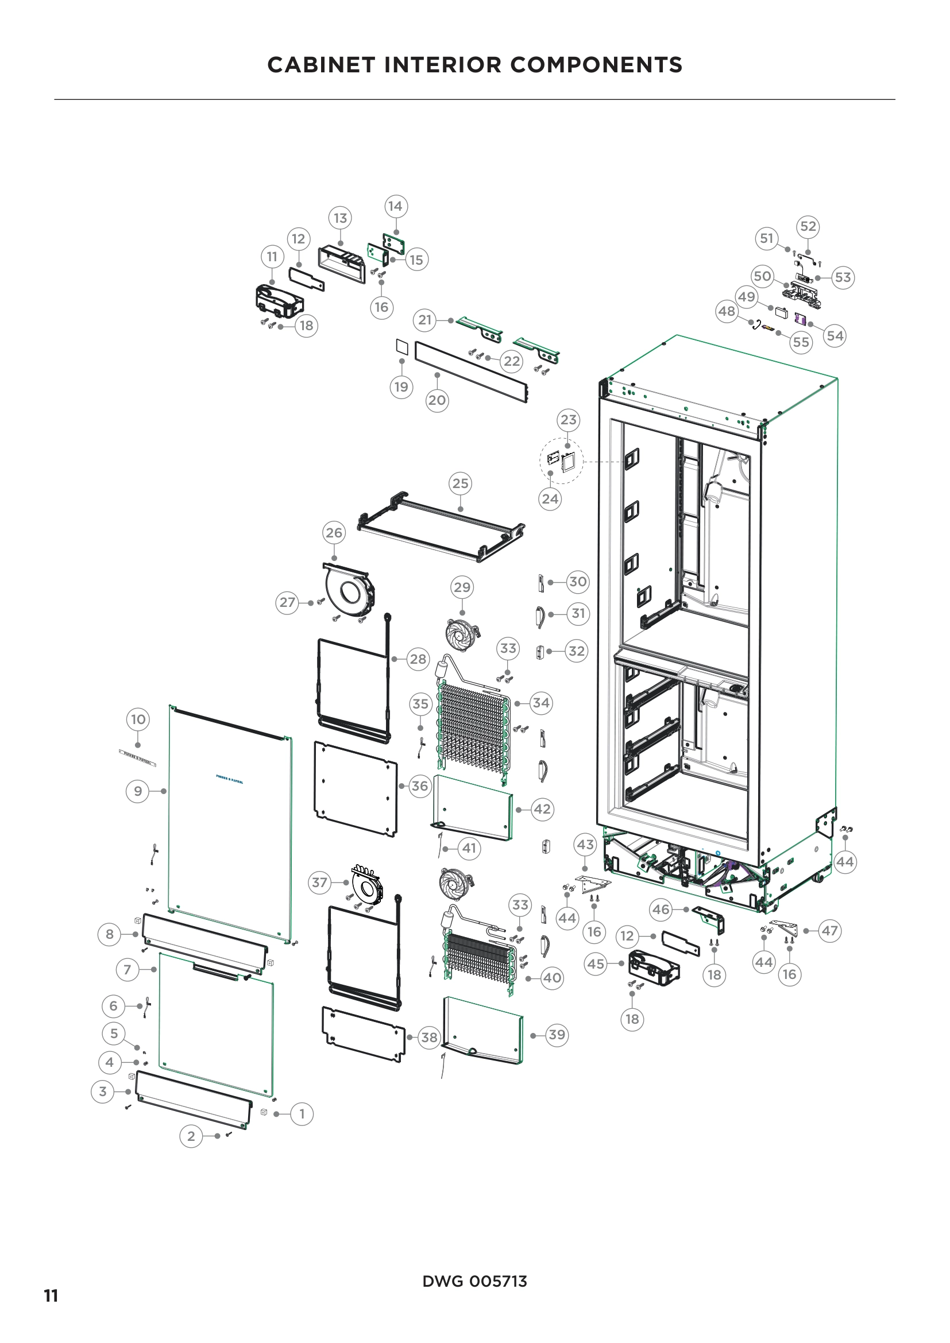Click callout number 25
pos(461,483)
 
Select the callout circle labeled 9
pos(137,791)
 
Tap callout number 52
pos(808,226)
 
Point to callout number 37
pos(319,882)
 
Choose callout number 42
pos(542,809)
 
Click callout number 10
pos(138,719)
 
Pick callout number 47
pos(829,931)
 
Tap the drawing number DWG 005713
pos(474,1282)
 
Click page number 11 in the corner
pos(51,1295)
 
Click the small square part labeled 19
pos(401,346)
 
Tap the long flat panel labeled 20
pos(471,372)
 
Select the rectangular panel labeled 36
pos(355,789)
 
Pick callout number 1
pos(302,1114)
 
